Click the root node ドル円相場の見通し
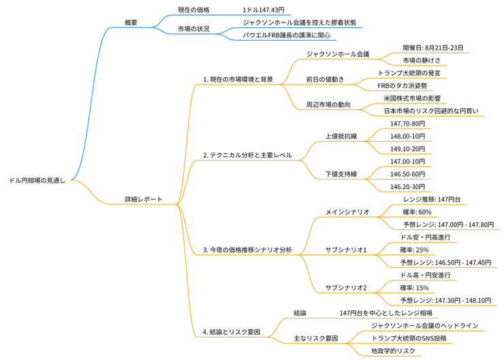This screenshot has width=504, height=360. pyautogui.click(x=37, y=180)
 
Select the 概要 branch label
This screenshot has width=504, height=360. pyautogui.click(x=131, y=22)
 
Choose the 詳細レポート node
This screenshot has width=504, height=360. pyautogui.click(x=143, y=199)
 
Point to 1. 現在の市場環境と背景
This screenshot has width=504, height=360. pyautogui.click(x=238, y=80)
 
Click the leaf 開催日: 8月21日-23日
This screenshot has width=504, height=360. pyautogui.click(x=432, y=48)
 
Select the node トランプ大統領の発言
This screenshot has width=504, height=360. pyautogui.click(x=409, y=73)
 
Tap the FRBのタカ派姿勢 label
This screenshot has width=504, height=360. pyautogui.click(x=402, y=86)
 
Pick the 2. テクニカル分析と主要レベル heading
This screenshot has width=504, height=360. pyautogui.click(x=247, y=155)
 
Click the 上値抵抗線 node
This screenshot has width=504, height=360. pyautogui.click(x=341, y=136)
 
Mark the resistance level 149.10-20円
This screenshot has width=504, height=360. pyautogui.click(x=407, y=148)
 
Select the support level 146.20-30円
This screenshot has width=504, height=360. pyautogui.click(x=407, y=186)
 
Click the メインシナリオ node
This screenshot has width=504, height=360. pyautogui.click(x=347, y=212)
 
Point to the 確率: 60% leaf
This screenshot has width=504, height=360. pyautogui.click(x=416, y=212)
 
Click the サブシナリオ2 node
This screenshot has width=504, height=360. pyautogui.click(x=346, y=287)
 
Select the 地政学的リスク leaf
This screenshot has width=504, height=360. pyautogui.click(x=392, y=350)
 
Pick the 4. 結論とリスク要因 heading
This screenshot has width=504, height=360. pyautogui.click(x=232, y=332)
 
